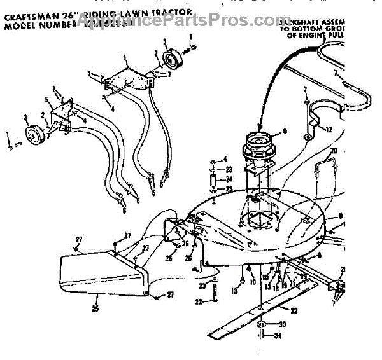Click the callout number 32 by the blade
[x=293, y=311]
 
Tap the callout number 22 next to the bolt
[x=198, y=302]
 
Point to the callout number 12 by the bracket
[x=329, y=130]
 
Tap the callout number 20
[x=333, y=151]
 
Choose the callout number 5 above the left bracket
[x=47, y=100]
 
